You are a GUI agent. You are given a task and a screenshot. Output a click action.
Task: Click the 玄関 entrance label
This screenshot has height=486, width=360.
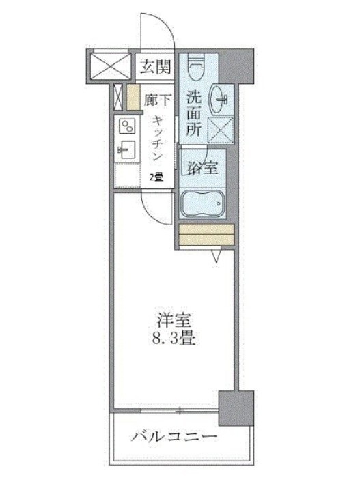coord(156,66)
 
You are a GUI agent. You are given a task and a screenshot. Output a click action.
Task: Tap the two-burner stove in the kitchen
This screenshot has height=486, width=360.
coord(127,126)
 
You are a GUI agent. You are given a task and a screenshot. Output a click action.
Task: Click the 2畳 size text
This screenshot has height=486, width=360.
coord(156,177)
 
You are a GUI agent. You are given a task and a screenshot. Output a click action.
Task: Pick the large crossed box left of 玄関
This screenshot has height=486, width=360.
coord(110,66)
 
